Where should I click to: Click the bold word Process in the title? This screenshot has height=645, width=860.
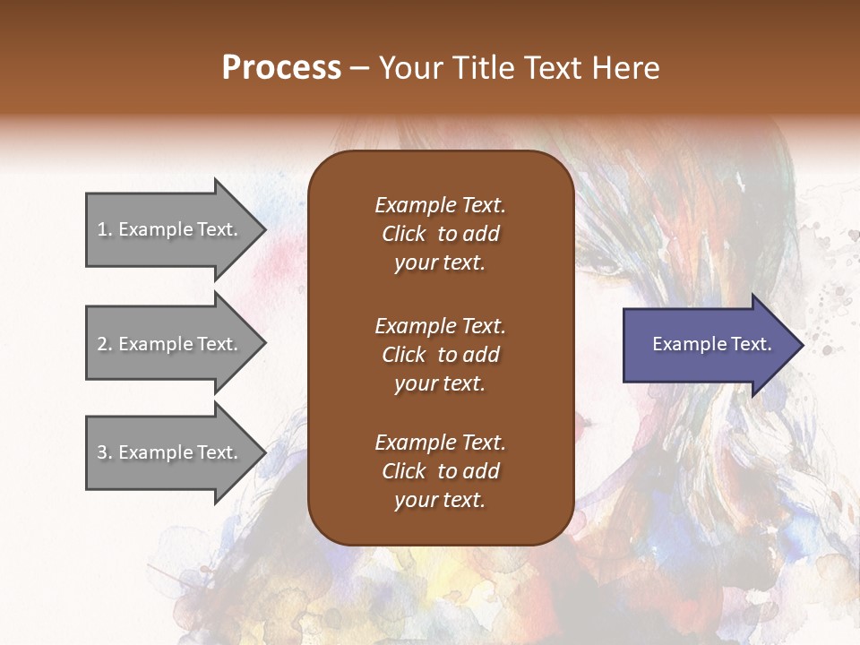(281, 67)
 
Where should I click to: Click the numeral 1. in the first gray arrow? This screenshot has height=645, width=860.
(104, 229)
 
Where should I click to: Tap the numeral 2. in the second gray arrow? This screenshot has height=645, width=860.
(104, 344)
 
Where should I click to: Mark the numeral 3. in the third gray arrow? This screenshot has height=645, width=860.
(104, 452)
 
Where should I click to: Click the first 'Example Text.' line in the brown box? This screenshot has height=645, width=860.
(440, 205)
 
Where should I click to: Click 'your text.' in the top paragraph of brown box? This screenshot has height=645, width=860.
(440, 263)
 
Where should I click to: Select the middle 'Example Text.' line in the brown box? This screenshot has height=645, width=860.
(440, 325)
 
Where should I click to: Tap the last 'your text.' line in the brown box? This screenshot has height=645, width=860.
(440, 501)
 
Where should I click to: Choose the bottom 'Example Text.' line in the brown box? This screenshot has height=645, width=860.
(440, 443)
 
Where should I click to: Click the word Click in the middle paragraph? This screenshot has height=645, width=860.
(403, 355)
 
